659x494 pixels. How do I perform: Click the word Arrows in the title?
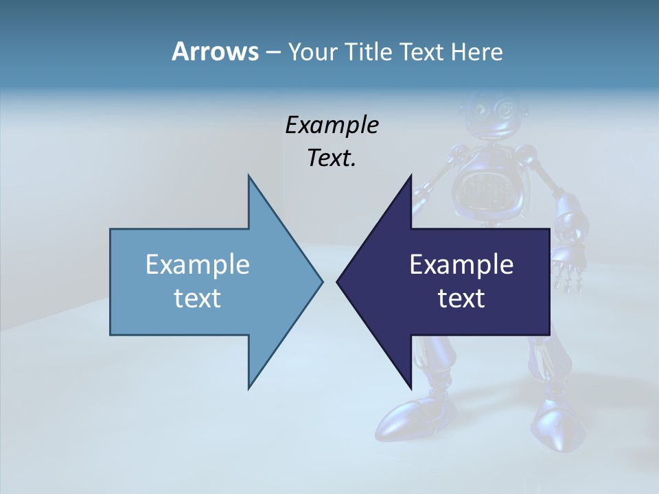(x=215, y=51)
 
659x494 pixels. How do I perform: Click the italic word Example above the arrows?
(x=332, y=126)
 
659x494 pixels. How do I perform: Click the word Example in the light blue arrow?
(x=198, y=264)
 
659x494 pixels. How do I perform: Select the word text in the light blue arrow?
(x=198, y=298)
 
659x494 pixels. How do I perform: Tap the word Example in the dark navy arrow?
(x=461, y=264)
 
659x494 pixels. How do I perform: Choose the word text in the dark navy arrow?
(x=461, y=298)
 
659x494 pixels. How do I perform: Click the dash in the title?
(x=273, y=52)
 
